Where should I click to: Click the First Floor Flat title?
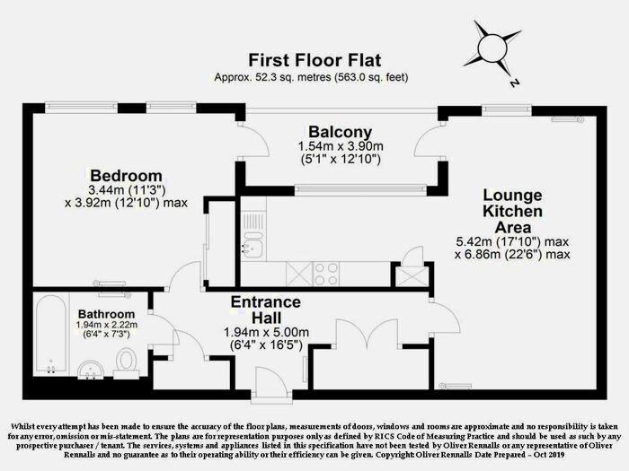click(314, 60)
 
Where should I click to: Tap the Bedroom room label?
click(126, 176)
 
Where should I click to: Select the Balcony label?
click(341, 132)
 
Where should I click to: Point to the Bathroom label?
click(106, 314)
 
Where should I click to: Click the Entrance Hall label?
click(266, 310)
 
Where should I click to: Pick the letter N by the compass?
click(514, 83)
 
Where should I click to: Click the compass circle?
click(492, 48)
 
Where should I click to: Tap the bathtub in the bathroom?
click(51, 335)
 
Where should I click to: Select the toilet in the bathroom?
click(127, 363)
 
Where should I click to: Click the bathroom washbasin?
click(90, 370)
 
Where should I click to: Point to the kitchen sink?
click(252, 245)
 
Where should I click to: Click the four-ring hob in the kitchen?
click(325, 274)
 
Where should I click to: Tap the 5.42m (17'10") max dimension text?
click(512, 241)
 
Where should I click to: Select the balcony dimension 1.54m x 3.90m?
click(341, 146)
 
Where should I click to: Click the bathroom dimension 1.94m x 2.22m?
click(107, 325)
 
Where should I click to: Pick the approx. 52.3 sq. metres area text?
click(311, 77)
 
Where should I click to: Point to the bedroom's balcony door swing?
click(252, 140)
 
